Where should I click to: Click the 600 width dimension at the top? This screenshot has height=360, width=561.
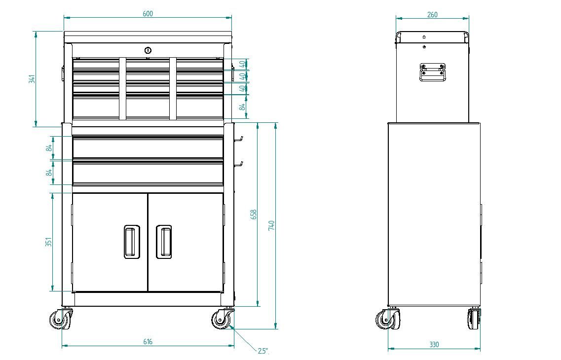148,14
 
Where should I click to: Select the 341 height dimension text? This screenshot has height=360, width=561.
32,79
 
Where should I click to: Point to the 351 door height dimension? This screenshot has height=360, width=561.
49,243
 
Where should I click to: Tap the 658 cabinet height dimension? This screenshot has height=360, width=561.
254,214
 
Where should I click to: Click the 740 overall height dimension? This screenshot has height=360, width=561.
271,225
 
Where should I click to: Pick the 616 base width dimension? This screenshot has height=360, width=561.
148,342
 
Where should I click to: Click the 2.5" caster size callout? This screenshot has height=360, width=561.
263,351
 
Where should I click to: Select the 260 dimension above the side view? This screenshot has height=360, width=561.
432,15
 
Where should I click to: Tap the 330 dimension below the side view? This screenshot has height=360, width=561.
434,345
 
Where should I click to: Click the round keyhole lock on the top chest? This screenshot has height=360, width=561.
148,50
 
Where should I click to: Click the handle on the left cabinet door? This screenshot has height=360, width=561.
131,242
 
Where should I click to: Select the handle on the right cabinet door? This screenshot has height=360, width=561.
164,242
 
